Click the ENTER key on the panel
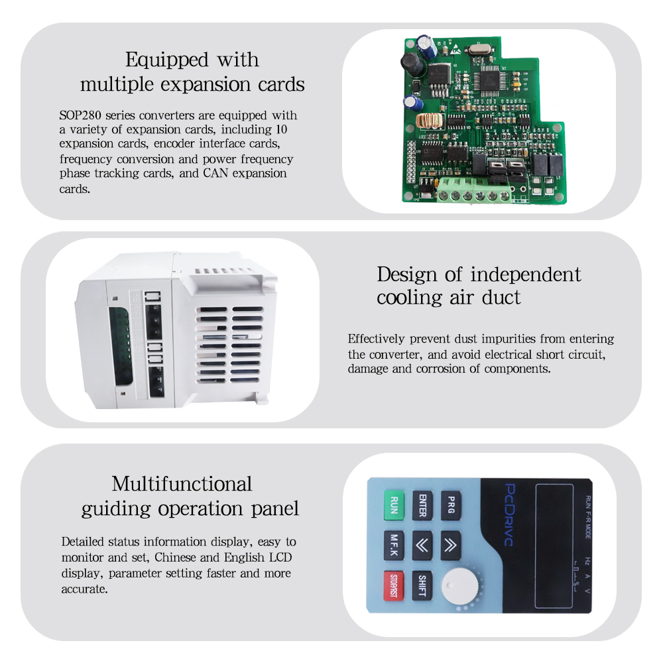(422, 506)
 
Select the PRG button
(451, 506)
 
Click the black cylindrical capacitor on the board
(412, 62)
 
